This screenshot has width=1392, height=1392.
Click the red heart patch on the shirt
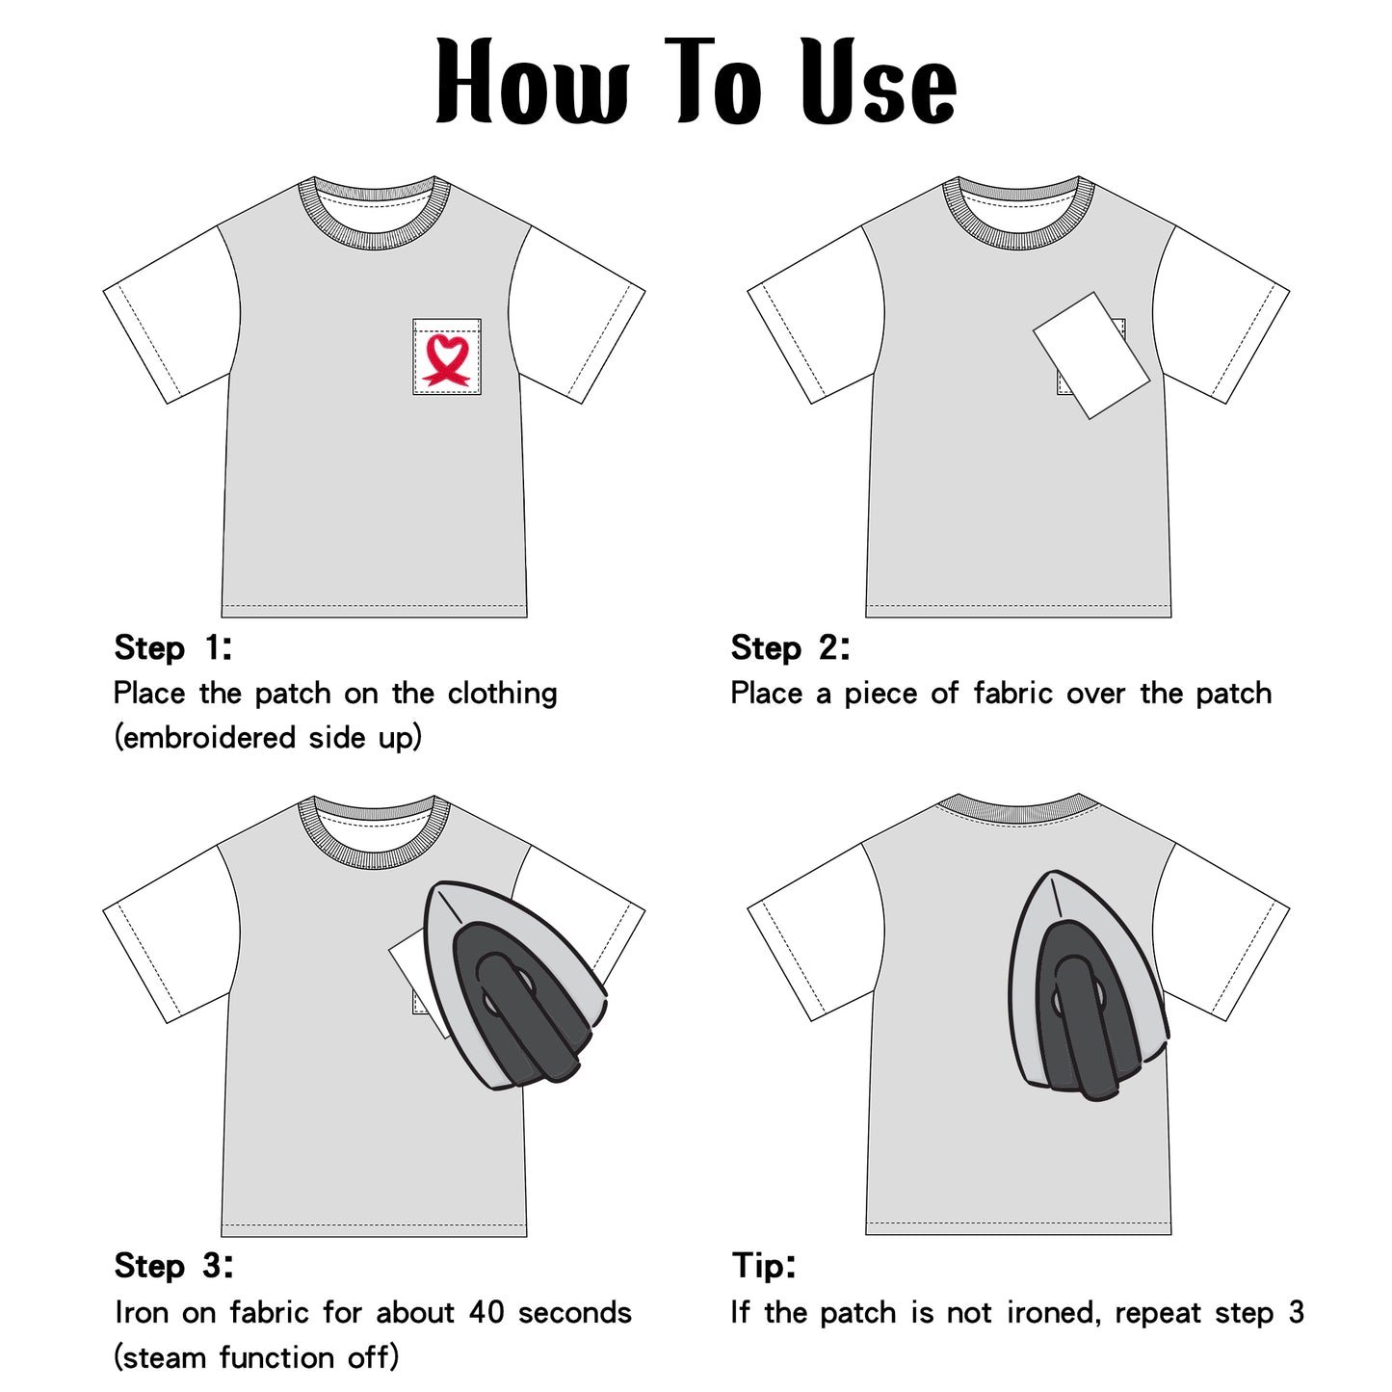(x=446, y=358)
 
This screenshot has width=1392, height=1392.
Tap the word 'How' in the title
(x=533, y=81)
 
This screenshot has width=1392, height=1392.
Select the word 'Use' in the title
(x=879, y=81)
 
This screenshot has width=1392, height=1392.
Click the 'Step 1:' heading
(x=173, y=647)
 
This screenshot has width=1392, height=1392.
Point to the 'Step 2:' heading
(x=790, y=647)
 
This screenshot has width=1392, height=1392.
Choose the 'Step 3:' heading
(x=174, y=1266)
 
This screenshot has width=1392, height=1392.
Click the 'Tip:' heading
(x=764, y=1266)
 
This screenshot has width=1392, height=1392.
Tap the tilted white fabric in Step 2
(x=1090, y=355)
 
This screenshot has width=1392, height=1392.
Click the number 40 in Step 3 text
(x=486, y=1313)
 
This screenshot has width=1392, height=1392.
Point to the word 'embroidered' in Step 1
(x=210, y=738)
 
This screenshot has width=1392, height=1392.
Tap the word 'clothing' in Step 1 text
(x=502, y=695)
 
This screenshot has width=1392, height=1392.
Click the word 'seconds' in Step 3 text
(x=575, y=1313)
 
